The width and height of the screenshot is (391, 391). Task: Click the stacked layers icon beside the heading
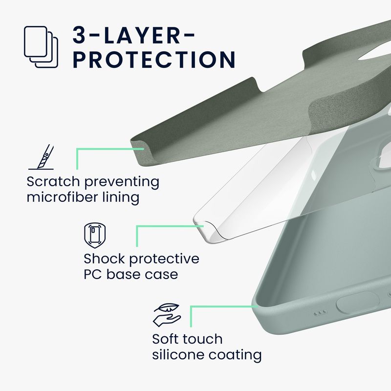41,47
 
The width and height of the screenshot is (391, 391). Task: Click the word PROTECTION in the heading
154,60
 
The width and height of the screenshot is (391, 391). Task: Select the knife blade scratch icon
41,157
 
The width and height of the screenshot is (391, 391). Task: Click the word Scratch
53,181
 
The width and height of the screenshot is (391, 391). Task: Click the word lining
121,197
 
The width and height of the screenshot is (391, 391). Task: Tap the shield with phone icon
95,236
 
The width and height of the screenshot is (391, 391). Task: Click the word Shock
104,259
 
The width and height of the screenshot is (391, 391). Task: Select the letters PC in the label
92,274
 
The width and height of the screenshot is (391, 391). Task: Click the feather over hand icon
167,315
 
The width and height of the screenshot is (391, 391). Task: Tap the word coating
235,355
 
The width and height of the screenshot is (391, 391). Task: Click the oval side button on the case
358,302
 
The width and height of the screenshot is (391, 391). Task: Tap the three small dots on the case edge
320,312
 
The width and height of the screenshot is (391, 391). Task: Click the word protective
164,260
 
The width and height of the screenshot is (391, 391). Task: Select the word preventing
122,182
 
